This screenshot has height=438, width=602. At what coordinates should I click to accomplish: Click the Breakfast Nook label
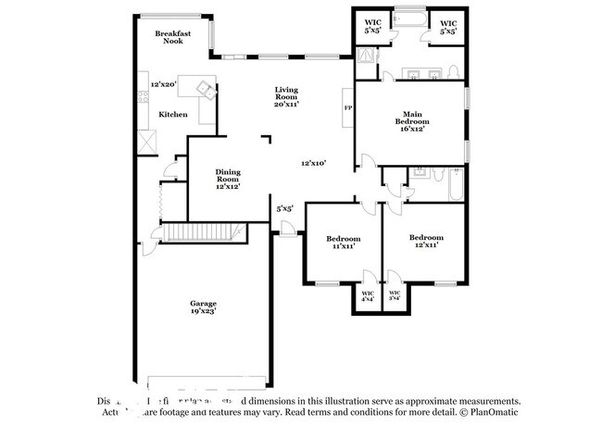172,36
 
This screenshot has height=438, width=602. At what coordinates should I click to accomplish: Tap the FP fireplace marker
348,107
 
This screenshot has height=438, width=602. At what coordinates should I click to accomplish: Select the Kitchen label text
172,115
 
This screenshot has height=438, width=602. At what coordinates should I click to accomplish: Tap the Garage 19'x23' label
204,308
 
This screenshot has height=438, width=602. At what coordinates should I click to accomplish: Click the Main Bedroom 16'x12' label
412,124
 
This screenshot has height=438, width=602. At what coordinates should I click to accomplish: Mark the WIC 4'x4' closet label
369,295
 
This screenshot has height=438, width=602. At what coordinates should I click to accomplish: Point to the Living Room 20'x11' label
285,97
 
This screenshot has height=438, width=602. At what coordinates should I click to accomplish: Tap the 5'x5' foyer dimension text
285,208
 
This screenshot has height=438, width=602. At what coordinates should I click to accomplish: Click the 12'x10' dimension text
313,164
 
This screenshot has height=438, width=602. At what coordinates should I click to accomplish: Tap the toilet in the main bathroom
452,72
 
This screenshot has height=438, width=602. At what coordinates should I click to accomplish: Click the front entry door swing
288,232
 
